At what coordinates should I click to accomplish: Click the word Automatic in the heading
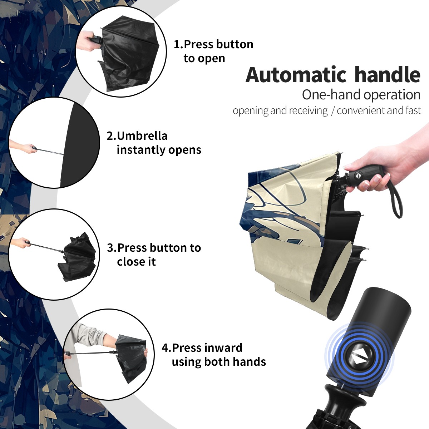point(296,75)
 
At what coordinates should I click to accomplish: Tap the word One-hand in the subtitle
point(331,95)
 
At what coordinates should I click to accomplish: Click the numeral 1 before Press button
point(177,44)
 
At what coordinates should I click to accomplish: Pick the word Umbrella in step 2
point(142,135)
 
